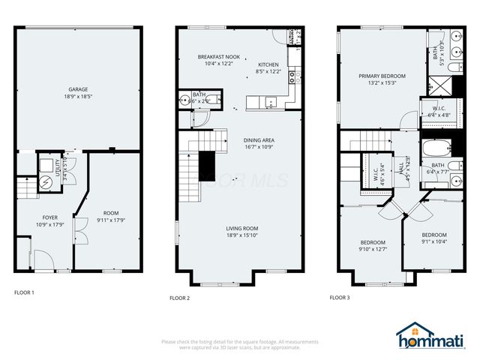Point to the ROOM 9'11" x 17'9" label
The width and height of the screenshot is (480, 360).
coord(110,217)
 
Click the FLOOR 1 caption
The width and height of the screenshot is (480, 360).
coord(24,292)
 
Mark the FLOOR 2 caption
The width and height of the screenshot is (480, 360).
coord(179,298)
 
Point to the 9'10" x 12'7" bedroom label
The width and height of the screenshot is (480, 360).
coord(373,246)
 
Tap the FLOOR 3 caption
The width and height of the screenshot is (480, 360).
coord(340,298)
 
